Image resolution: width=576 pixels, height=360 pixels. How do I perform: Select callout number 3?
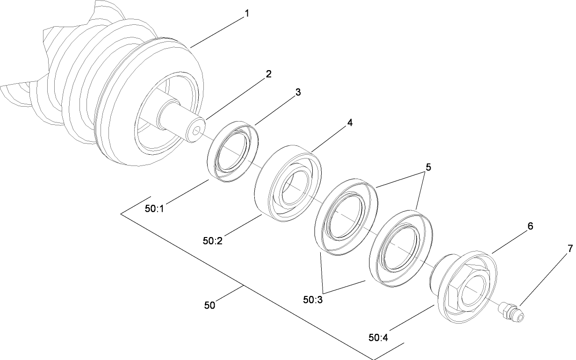coord(297,92)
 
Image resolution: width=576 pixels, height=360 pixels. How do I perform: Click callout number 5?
coord(428,167)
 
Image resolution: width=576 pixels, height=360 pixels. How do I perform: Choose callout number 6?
coord(530,226)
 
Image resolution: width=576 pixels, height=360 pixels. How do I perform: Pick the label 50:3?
coord(312,300)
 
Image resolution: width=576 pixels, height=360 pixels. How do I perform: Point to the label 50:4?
coord(378,337)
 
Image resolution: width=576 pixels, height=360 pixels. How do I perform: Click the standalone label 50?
coord(210,305)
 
